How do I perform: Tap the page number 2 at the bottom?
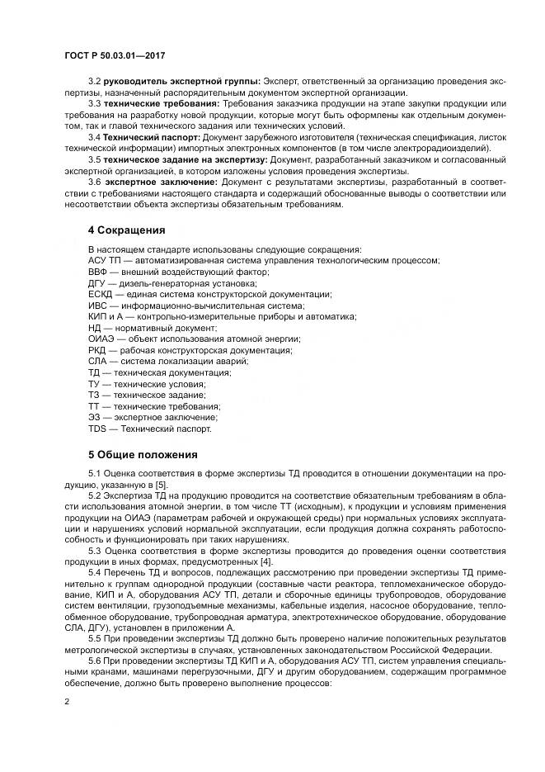(x=65, y=701)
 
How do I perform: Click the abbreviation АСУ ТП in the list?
(x=102, y=259)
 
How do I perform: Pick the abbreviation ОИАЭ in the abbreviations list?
(x=101, y=339)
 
